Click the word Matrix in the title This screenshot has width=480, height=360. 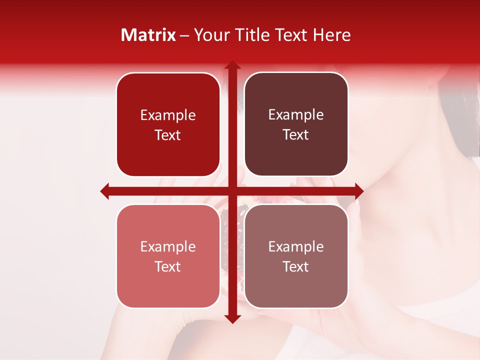[148, 35]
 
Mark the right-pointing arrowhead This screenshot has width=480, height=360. [358, 191]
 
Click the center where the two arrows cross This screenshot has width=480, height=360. [232, 191]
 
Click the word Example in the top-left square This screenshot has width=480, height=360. [168, 115]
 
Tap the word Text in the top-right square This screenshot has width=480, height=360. [296, 135]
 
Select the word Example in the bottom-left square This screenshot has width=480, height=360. [168, 247]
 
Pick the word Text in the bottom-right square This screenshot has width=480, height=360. [296, 266]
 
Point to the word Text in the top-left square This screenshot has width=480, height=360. [168, 135]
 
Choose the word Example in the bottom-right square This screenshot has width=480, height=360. [296, 246]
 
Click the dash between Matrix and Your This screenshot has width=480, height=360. [184, 35]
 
